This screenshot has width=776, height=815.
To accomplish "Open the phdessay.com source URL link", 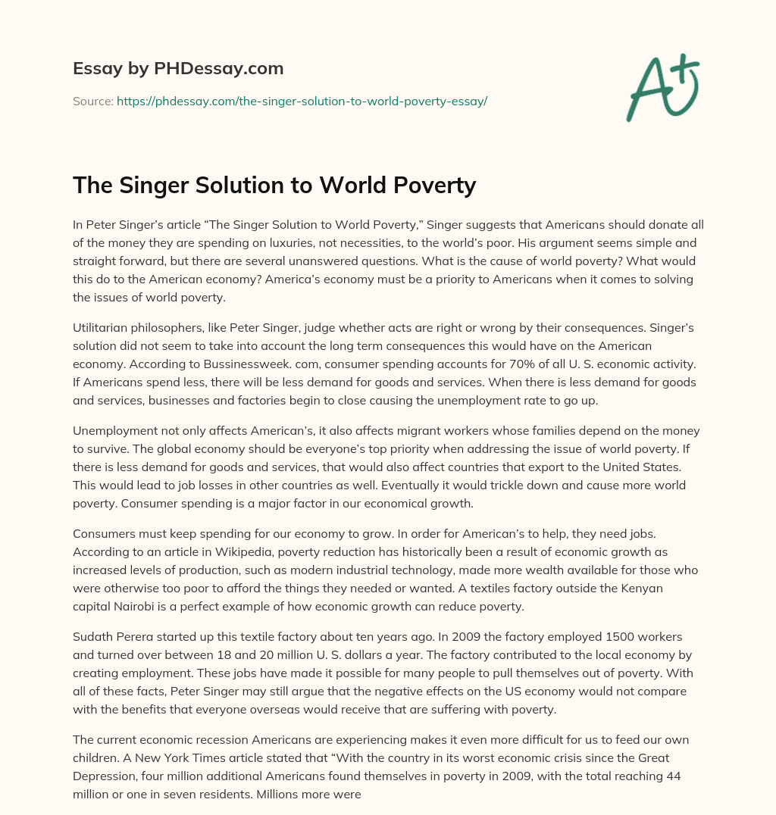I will coord(302,101).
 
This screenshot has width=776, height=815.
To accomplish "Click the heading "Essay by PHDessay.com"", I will coord(178,68).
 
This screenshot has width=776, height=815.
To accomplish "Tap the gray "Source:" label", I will coord(93,101).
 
